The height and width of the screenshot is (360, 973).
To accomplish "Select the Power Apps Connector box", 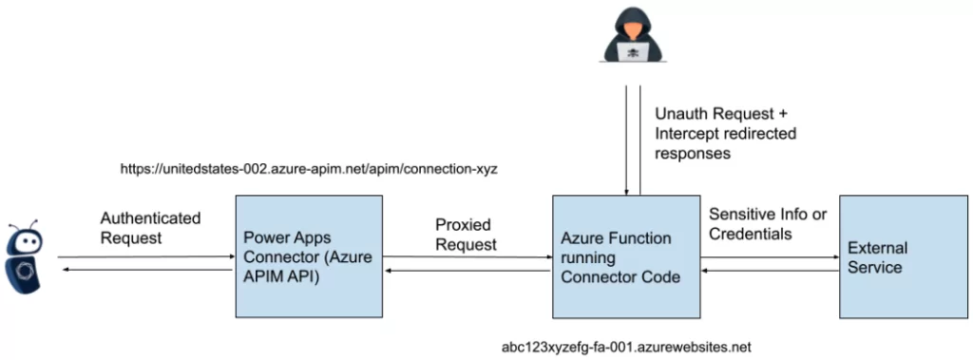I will (308, 256).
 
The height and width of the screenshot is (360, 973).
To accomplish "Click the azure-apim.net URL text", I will (309, 168).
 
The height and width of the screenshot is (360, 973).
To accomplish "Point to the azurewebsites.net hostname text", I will (628, 347).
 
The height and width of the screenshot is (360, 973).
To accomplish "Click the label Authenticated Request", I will (150, 227).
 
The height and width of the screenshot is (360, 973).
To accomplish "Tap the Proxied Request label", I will (466, 235).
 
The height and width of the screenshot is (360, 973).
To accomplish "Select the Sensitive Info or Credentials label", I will (768, 222).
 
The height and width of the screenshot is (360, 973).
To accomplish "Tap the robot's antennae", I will (24, 229).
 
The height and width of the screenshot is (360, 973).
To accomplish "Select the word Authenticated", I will (150, 218).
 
